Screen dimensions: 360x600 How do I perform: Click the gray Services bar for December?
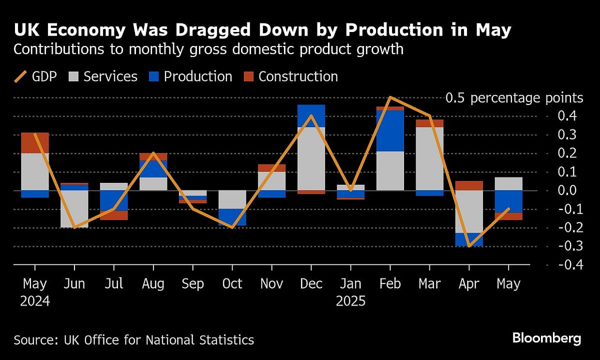tap(311, 158)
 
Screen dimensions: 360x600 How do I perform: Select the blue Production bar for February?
tap(390, 130)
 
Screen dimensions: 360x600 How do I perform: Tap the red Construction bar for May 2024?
tap(35, 143)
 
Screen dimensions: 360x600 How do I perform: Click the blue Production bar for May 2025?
tap(508, 201)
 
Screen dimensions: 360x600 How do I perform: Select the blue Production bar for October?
tap(232, 217)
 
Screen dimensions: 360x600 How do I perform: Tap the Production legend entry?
tap(190, 76)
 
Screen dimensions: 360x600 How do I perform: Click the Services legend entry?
tap(103, 76)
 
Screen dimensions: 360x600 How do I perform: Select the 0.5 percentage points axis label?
tap(514, 98)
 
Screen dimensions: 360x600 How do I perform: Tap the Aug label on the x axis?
tap(153, 284)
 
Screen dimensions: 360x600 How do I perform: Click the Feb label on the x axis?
tap(390, 284)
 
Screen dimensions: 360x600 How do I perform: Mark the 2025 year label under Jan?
tap(350, 301)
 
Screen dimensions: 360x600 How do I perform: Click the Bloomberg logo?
tap(546, 338)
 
